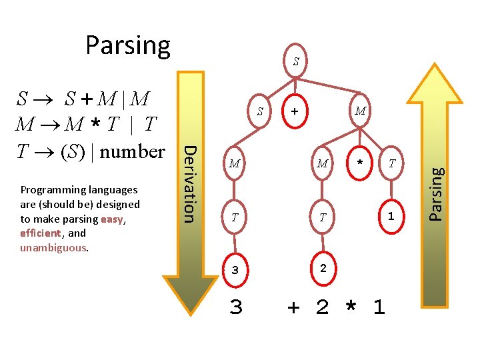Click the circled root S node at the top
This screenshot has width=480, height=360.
coord(295,62)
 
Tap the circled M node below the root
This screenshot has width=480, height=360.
coord(360,111)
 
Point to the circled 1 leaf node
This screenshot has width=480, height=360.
coord(391,216)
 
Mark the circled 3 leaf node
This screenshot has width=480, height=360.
coord(235,270)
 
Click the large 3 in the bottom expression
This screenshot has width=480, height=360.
coord(235,307)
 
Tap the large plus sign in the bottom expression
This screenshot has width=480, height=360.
coord(293,307)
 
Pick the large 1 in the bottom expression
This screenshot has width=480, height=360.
coord(379,307)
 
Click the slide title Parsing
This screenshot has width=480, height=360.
coord(128,45)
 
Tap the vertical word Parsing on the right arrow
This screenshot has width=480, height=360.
coord(435,193)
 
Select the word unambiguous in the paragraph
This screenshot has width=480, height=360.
coord(53,248)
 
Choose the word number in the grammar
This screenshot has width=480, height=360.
coord(133,151)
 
